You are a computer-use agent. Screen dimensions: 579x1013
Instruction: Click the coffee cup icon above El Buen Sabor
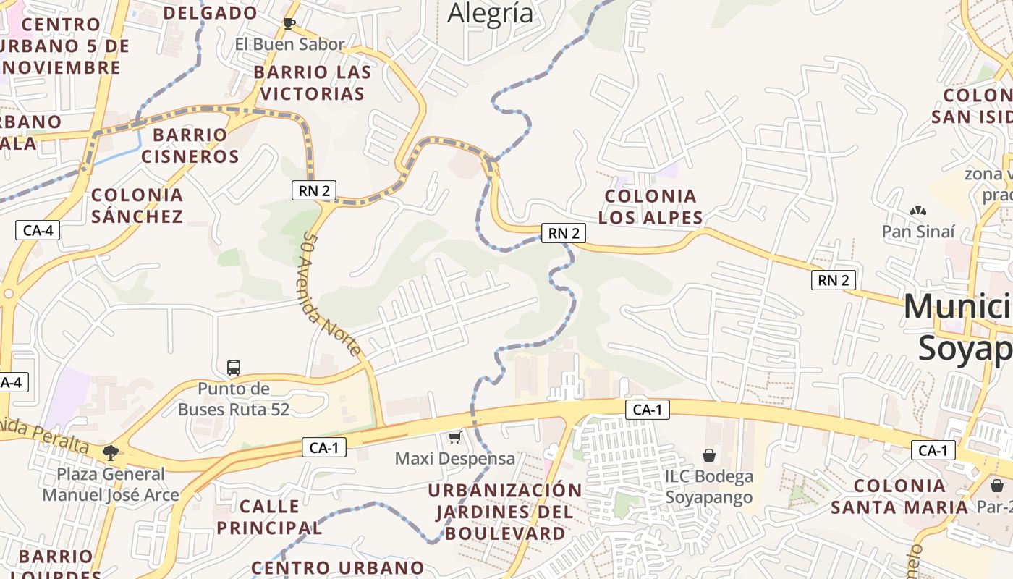pos(289,23)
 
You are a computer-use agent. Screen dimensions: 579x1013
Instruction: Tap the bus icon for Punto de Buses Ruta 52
pos(234,368)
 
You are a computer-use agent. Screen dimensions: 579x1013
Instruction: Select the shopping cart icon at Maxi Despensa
pos(455,437)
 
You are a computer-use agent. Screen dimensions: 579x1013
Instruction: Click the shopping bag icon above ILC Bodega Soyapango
pos(709,455)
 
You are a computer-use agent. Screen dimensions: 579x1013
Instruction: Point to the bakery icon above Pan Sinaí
pos(918,211)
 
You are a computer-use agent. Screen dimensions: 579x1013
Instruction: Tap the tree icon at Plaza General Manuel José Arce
pos(111,454)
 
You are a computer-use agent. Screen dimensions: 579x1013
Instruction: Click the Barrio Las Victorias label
pos(313,83)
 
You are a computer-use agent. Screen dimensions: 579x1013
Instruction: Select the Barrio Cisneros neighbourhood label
pos(190,145)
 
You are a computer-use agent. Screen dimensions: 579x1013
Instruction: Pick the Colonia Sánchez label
pos(137,206)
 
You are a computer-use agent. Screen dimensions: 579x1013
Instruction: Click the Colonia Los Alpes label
pos(650,206)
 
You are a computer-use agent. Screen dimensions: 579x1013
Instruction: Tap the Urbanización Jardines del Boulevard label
pos(505,512)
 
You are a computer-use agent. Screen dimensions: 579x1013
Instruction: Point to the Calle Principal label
pos(269,517)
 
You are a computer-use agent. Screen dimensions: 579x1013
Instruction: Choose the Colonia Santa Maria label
pos(899,496)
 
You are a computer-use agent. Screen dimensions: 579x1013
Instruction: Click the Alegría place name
pos(491,13)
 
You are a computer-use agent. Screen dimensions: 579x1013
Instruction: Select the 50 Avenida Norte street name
pos(331,294)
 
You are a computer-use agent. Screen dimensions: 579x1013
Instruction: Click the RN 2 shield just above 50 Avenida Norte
pos(314,190)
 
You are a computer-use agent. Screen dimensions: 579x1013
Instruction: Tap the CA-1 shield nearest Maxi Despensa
pos(323,448)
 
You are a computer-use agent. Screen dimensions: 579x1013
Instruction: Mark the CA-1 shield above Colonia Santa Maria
pos(933,451)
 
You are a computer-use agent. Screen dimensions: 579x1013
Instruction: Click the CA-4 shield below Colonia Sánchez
pos(38,231)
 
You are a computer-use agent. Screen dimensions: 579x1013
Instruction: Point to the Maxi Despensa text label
pos(455,459)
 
